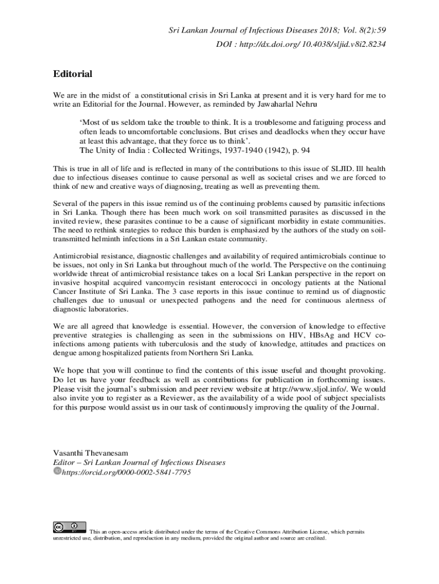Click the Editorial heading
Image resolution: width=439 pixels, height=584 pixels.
click(x=72, y=74)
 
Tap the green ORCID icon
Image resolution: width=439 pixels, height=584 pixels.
click(x=56, y=472)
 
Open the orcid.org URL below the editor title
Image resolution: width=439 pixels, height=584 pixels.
click(x=126, y=472)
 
